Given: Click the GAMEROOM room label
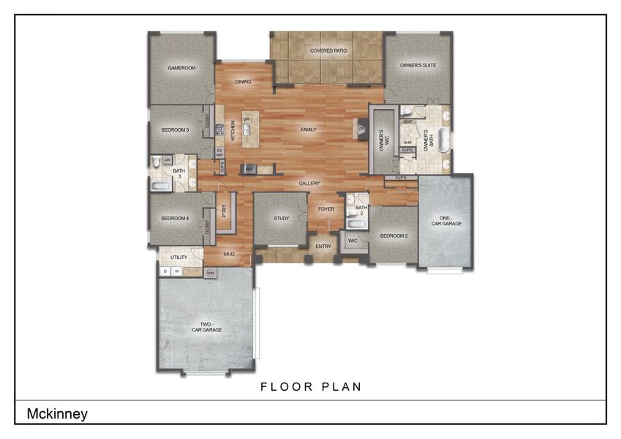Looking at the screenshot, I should [x=181, y=68].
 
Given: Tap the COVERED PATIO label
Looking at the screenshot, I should [x=328, y=51].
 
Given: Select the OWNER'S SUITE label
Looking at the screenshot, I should [x=418, y=66].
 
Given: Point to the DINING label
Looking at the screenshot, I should [x=244, y=82].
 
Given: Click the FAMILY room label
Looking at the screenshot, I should [x=309, y=130].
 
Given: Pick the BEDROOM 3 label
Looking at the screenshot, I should [x=175, y=130].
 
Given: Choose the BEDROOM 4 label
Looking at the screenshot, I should [x=175, y=218].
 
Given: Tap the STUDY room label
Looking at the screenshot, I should [x=282, y=218].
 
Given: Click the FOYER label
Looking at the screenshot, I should [x=325, y=209].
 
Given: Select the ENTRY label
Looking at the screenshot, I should [x=323, y=247].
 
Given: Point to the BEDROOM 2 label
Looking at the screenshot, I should [x=394, y=236].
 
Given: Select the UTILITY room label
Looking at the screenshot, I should [x=178, y=258].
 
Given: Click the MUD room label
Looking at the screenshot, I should [x=229, y=254].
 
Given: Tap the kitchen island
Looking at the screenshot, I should [x=249, y=130].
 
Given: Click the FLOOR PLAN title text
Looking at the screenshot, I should [x=311, y=386].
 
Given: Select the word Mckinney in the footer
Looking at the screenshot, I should [x=57, y=413].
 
